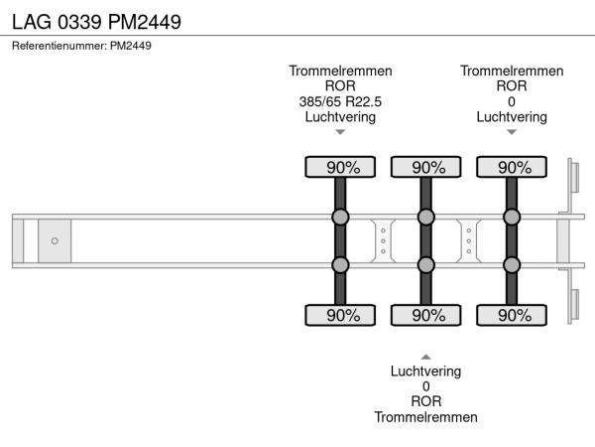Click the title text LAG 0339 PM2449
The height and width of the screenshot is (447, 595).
coord(96,21)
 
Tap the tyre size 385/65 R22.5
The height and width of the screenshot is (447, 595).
coord(340,101)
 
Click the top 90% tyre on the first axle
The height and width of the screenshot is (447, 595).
coord(340,167)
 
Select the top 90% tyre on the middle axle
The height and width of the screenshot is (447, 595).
coord(426,167)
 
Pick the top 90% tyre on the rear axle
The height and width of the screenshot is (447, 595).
coord(513,167)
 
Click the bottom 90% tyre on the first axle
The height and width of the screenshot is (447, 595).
coord(340,315)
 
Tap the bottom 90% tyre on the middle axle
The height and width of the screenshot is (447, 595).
coord(426,315)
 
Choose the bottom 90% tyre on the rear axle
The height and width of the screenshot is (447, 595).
coord(513,315)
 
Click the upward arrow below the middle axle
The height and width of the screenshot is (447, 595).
coord(425,356)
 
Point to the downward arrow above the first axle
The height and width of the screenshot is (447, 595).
coord(340,131)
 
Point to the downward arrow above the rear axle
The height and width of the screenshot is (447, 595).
coord(512,131)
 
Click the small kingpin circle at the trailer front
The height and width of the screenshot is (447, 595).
coord(55,240)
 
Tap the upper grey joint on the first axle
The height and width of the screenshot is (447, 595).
coord(340,218)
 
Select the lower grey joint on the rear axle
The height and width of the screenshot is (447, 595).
coord(513,264)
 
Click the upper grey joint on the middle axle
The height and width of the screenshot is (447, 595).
coord(426,218)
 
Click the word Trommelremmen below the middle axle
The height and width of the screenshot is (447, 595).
coord(425,417)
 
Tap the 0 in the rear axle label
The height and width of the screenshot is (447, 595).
coord(512,101)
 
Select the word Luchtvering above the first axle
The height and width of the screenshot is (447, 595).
coord(340,116)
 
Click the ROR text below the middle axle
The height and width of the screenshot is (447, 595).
coord(425,401)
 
